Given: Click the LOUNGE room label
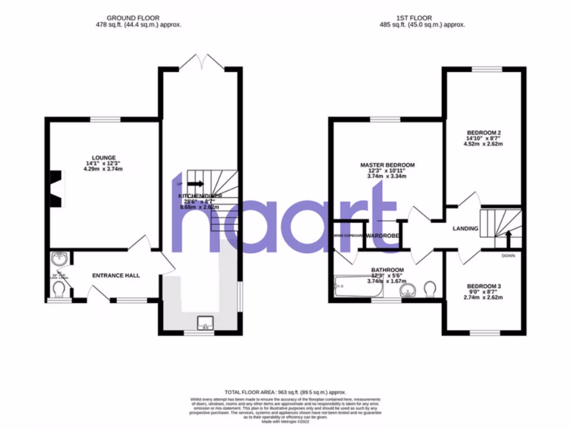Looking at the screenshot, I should pos(105,158).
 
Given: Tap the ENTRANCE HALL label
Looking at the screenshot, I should pos(116,275).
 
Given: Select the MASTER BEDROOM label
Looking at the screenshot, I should pos(388,165).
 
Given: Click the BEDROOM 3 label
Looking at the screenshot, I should pos(484,287).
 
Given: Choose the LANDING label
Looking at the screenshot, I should pos(465,228).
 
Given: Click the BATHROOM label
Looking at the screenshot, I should pos(388,270).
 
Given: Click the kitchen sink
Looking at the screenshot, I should pos(206,323).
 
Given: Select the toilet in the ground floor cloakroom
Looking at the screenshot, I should pos(59,289).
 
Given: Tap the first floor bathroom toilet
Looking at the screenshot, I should pos(430,288).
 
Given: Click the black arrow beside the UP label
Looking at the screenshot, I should pos(196,183).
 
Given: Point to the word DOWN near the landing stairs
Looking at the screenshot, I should pos(509,256).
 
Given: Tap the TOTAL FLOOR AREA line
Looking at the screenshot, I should pos(285,392).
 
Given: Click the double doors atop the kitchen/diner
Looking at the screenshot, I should pos(201,61).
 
